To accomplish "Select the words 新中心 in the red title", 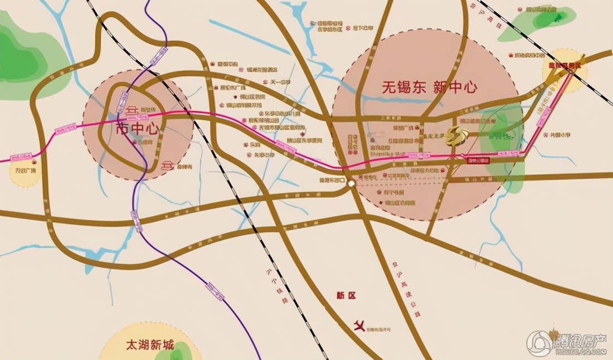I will coord(455,87).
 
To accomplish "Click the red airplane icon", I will coord(359,324).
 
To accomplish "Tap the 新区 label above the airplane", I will coord(346,296).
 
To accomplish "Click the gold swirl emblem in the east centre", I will coord(456,135).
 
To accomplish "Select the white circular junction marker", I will coord(350,183).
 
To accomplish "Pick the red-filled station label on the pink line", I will coord(478,159).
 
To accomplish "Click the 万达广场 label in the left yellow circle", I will coord(25,171).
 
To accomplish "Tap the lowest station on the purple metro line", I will coord(216,290).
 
